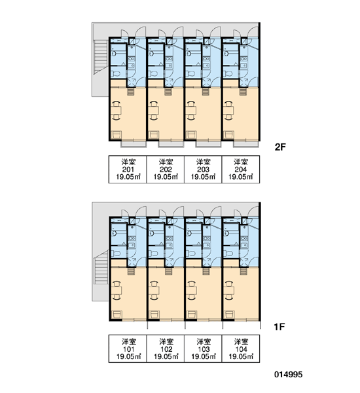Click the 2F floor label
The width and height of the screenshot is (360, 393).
coord(280,147)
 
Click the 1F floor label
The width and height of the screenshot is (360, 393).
coord(279,327)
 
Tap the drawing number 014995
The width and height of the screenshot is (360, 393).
coord(289,375)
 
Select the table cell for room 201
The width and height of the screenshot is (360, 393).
coord(128,170)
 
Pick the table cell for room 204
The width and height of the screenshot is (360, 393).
coord(241,170)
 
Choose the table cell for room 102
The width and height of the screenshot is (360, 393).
coord(166,348)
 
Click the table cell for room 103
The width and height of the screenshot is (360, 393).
coord(203,348)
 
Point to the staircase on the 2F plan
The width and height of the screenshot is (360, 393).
coord(101,57)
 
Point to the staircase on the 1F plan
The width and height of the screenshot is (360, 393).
coord(101,268)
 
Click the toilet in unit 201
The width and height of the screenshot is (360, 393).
coord(115,74)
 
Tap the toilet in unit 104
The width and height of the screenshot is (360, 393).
coord(228,253)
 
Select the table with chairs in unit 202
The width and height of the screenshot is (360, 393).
coord(153,110)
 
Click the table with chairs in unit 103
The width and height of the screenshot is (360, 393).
coord(191,290)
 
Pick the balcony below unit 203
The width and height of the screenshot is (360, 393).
coord(208,144)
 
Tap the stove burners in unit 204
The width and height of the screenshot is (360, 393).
coord(243,59)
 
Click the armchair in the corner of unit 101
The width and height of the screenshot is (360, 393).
coord(117,314)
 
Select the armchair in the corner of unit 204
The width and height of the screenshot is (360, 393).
coord(228,135)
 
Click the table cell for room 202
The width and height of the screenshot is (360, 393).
coord(166,170)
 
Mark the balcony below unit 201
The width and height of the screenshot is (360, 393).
coord(134,144)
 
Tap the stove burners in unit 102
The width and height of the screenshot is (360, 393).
coord(169,238)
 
